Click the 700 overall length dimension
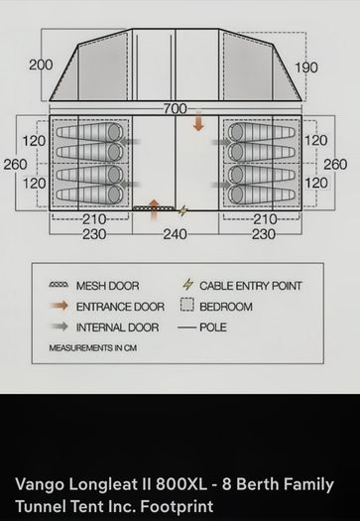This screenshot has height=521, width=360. point(175,108)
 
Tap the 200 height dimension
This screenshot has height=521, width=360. point(41,65)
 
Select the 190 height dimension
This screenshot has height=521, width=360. point(306,67)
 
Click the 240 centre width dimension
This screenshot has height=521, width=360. point(175,234)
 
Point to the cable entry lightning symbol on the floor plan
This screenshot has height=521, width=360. point(183,210)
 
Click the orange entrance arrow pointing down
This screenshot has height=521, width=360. point(198,121)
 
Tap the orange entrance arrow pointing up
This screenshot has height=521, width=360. point(154,210)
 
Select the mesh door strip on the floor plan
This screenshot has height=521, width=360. point(154,208)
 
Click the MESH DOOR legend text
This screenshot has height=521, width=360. point(107,286)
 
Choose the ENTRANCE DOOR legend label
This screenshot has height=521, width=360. point(120,307)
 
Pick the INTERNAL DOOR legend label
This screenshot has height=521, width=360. point(118,327)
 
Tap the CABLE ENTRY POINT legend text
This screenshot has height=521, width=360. point(251,286)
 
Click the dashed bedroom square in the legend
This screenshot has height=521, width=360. point(187,305)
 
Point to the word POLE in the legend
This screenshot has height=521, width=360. point(213,327)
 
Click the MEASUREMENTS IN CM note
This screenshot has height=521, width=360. point(93,348)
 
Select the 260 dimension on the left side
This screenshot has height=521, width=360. point(15,165)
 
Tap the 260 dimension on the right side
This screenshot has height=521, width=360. point(335,165)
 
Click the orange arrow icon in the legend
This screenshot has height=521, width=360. point(59,306)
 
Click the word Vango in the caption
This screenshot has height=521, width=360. point(40,485)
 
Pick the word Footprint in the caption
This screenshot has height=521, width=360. point(177,507)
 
